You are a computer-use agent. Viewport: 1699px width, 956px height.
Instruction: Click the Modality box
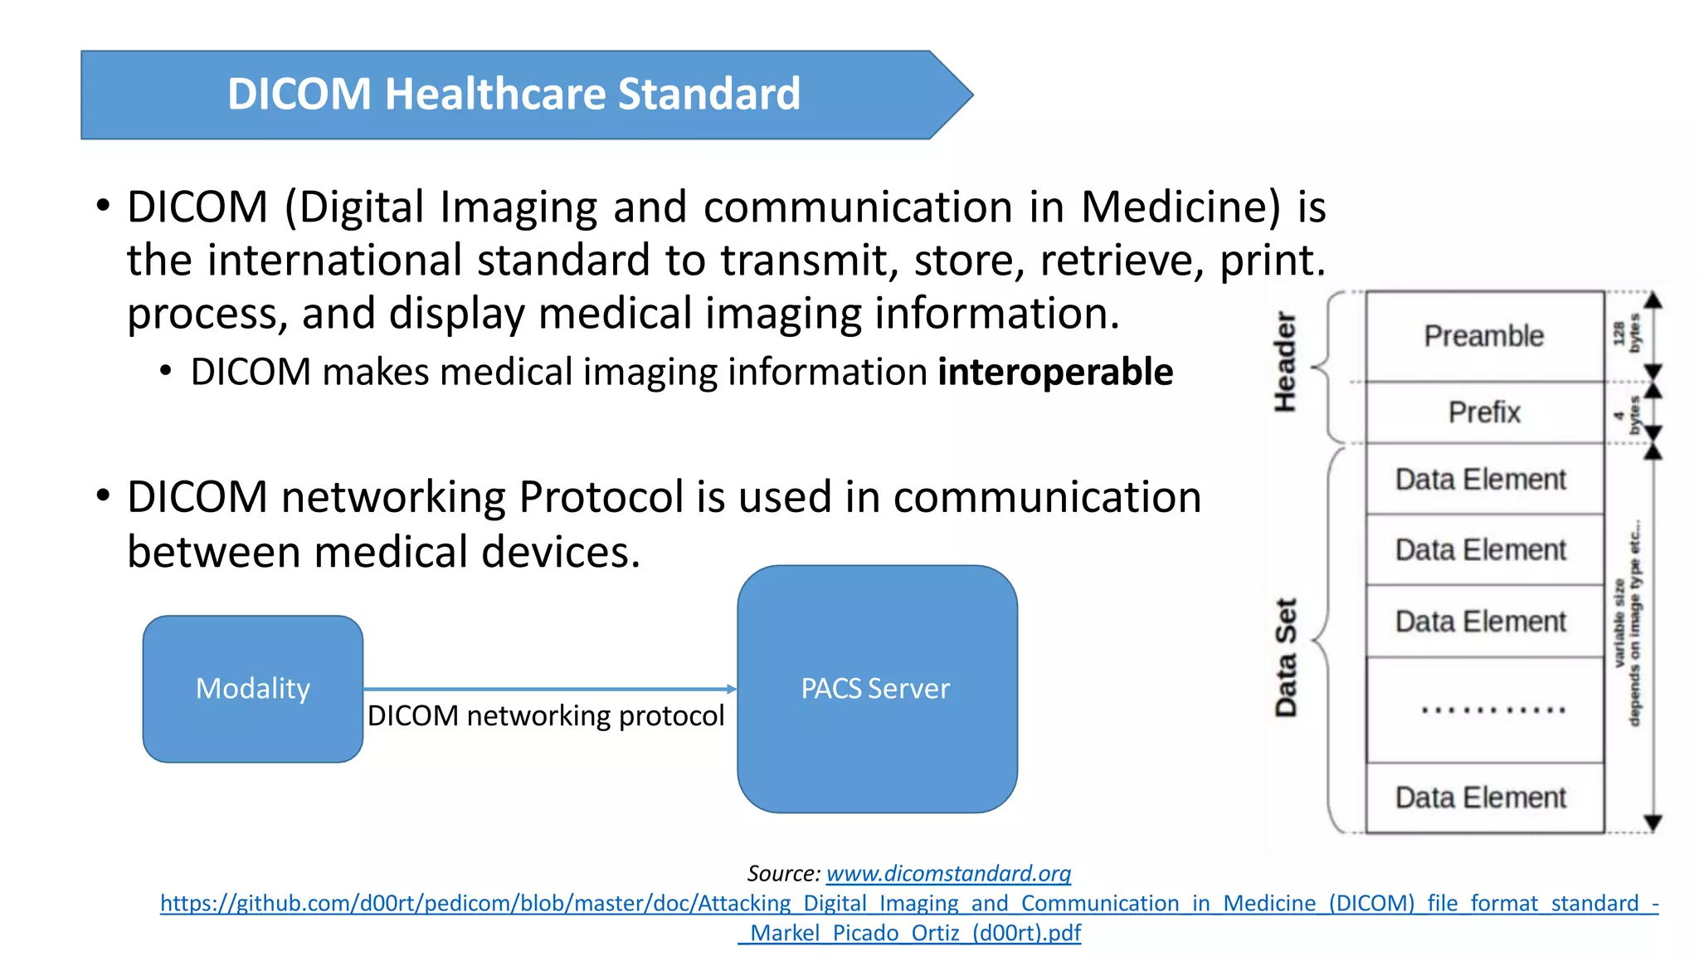click(x=253, y=689)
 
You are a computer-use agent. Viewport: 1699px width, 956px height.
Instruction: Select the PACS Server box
click(x=877, y=689)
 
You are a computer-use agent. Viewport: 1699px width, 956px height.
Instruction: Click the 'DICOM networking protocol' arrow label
click(x=546, y=715)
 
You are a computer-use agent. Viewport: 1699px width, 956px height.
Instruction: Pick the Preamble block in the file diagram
click(x=1484, y=336)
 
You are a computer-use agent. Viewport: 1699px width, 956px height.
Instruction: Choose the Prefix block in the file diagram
click(x=1484, y=412)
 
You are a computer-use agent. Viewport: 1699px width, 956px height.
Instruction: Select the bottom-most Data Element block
click(x=1481, y=797)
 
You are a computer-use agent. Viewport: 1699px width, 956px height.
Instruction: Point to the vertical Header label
click(x=1285, y=362)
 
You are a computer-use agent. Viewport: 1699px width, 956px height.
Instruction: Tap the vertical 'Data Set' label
click(x=1285, y=657)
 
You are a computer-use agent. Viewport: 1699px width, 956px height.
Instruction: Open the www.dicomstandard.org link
click(x=948, y=873)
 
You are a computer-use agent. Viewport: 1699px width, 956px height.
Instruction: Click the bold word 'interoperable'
click(x=1055, y=372)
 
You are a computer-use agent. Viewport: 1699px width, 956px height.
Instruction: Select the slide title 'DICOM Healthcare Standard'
click(x=514, y=94)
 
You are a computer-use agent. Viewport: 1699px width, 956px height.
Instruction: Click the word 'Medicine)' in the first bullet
click(x=1181, y=207)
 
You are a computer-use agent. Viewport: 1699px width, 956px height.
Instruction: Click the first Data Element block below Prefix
click(x=1481, y=480)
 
